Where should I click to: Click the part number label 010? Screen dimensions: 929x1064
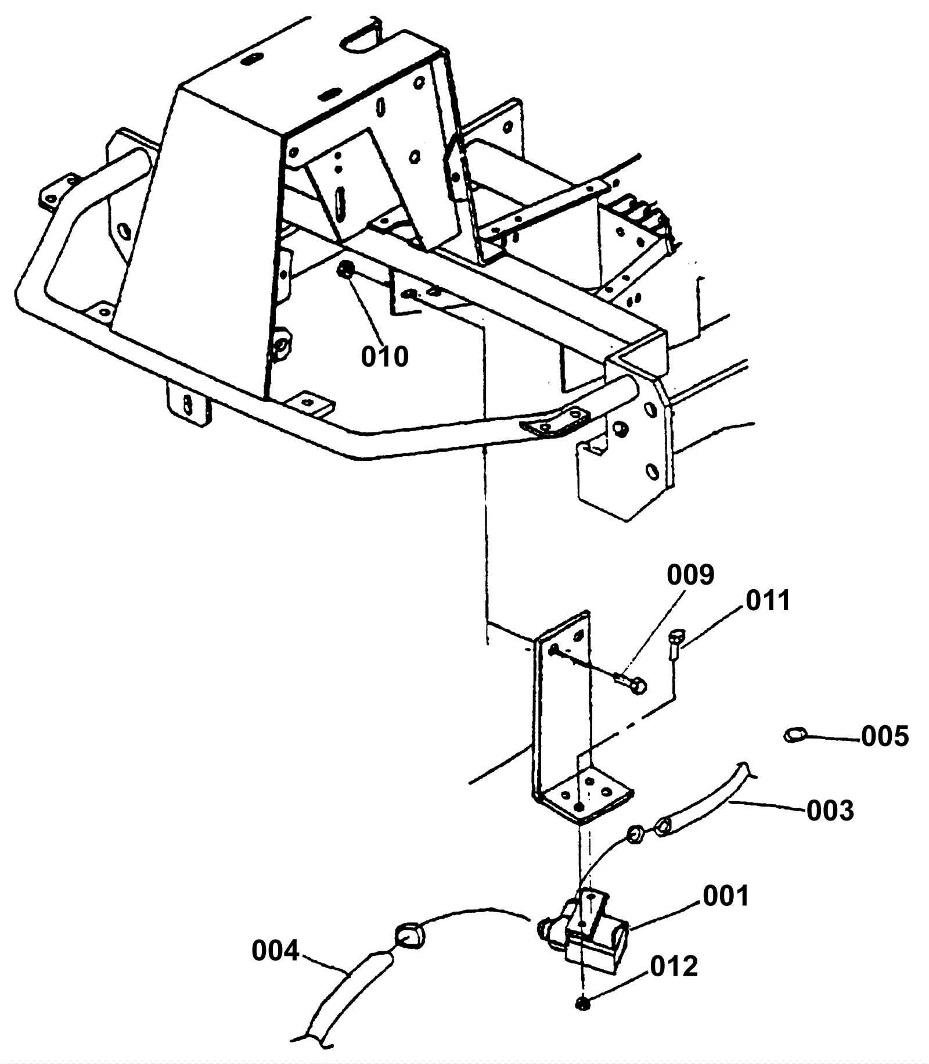click(384, 356)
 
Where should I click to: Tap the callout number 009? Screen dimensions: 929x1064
click(690, 575)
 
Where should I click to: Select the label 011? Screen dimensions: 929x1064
click(768, 601)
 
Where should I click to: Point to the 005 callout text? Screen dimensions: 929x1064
click(885, 737)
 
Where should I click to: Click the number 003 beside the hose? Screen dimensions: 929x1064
click(830, 810)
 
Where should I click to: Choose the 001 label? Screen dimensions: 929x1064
click(726, 896)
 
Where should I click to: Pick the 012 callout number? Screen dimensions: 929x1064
click(674, 966)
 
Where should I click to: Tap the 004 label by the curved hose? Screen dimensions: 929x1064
click(275, 952)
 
